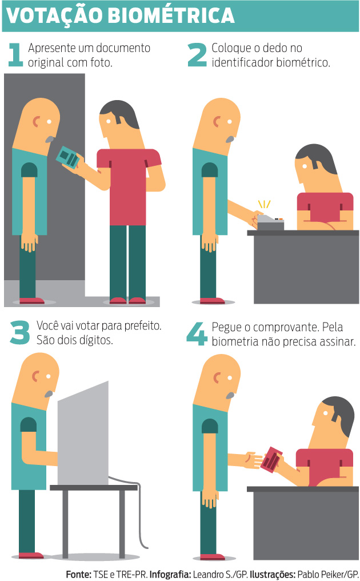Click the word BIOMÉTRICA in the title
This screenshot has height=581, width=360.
171,15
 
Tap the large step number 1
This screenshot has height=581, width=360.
16,54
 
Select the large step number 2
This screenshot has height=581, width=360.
197,54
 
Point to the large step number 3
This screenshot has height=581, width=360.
19,332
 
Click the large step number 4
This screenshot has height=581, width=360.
197,333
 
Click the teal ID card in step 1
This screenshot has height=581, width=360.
68,157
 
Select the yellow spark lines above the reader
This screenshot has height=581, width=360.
264,204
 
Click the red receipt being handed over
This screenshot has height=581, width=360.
271,459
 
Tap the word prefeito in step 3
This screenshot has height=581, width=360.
143,326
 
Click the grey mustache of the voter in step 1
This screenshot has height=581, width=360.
50,140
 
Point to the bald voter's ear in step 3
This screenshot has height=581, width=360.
35,376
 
